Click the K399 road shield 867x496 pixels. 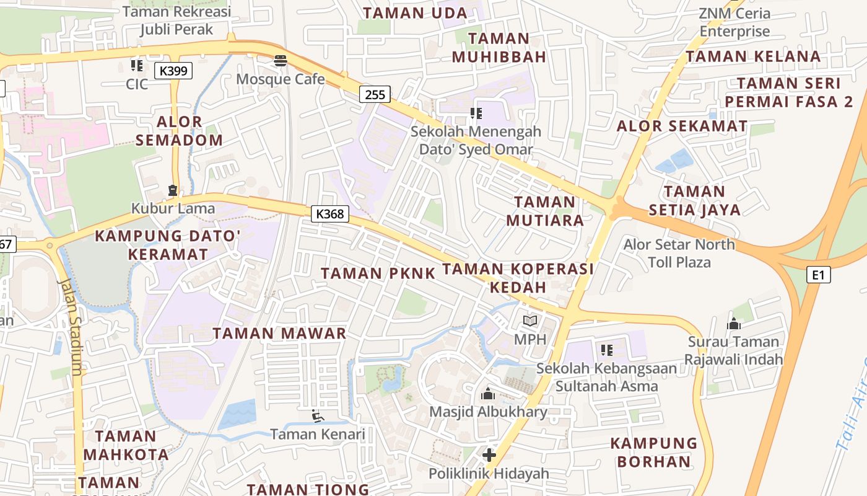[173, 71]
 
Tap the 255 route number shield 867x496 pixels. [375, 94]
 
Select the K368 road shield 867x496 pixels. [330, 215]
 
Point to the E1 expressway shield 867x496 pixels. [818, 275]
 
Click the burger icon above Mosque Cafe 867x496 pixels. [281, 61]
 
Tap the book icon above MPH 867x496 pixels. [530, 321]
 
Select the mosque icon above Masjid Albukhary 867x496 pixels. [488, 394]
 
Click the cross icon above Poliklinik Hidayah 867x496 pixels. [489, 456]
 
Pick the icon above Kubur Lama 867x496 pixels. [173, 190]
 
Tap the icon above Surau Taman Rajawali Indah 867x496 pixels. [734, 324]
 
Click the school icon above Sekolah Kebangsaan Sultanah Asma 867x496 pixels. [607, 350]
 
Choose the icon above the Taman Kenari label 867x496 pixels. [318, 416]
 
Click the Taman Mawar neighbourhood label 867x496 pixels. [279, 334]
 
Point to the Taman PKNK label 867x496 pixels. [378, 273]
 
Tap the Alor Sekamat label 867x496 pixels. [682, 126]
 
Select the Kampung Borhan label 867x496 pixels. [653, 453]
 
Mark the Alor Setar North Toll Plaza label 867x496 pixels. [679, 253]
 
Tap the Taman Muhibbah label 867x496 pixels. [499, 48]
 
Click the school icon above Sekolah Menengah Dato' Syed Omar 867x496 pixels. [476, 113]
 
